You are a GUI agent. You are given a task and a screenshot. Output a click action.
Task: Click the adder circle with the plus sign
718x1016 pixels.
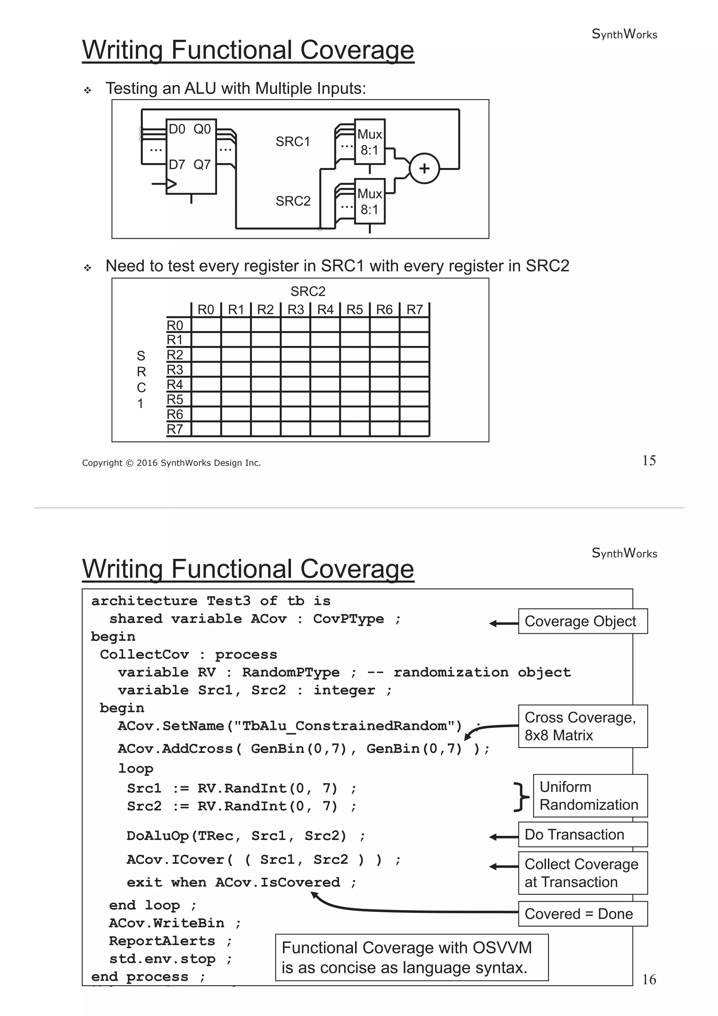pos(424,169)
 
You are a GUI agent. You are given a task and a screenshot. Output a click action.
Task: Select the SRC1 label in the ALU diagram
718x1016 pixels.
pos(292,142)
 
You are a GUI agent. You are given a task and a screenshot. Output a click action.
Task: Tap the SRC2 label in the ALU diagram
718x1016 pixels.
pos(292,201)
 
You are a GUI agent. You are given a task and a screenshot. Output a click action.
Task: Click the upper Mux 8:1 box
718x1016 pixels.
pos(370,142)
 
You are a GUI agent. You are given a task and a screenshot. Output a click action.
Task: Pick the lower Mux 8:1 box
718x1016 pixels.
pos(370,201)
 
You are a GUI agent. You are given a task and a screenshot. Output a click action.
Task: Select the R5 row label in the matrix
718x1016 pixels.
pos(175,400)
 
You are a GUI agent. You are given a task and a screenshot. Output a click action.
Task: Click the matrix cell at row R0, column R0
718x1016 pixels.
pos(206,325)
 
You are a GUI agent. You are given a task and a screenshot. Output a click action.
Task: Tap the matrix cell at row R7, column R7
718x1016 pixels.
pos(414,429)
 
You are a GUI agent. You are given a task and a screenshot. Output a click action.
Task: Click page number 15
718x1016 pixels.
pos(649,461)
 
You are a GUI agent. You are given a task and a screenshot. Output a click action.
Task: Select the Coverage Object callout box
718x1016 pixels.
pos(582,621)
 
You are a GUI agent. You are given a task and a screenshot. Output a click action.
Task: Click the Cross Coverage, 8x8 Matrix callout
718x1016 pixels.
pos(582,726)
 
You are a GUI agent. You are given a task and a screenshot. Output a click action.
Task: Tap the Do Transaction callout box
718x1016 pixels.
pos(582,834)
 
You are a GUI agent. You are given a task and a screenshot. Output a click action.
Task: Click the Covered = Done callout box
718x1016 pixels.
pos(582,914)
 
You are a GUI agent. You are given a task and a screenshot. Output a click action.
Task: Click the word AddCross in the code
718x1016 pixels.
pos(197,749)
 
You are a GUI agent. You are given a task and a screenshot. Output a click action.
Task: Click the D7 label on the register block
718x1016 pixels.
pos(177,165)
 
